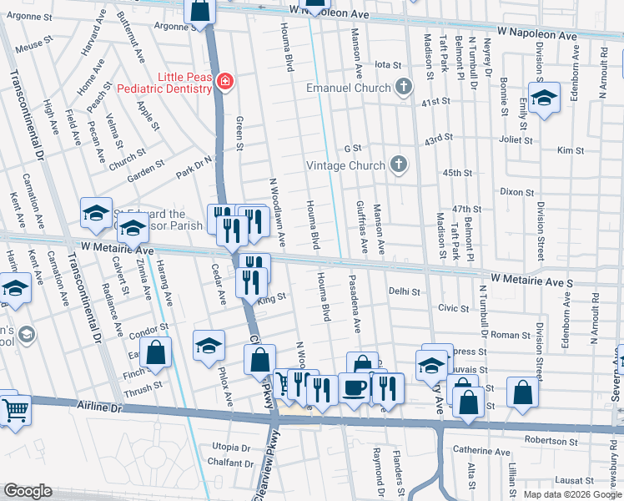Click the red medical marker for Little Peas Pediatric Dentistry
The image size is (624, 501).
(224, 82)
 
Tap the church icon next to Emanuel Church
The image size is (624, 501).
(404, 87)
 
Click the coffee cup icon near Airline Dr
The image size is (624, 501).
(355, 388)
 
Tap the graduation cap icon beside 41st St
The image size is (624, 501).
(543, 99)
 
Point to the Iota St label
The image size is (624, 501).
(388, 64)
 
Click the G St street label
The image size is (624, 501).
(353, 148)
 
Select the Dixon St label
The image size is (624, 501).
(516, 191)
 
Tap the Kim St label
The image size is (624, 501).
(571, 150)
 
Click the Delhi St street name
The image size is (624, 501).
(404, 291)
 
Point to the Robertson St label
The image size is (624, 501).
(551, 439)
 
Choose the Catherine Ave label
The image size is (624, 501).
(481, 452)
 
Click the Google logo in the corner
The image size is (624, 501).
(28, 491)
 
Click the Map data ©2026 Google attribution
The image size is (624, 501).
(571, 494)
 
